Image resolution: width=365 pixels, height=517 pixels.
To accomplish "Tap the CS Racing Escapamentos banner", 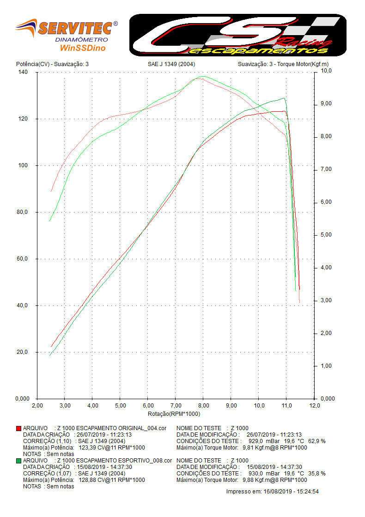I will [x=237, y=35].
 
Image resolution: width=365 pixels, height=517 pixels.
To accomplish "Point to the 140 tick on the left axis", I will [x=23, y=73].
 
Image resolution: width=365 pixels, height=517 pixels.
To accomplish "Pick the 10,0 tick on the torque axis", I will [x=326, y=71].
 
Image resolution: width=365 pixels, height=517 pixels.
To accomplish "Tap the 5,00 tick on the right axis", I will [x=326, y=235].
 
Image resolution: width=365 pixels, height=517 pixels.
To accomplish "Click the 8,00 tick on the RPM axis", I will [x=203, y=406].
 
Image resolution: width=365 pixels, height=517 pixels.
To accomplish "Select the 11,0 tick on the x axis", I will [x=286, y=406].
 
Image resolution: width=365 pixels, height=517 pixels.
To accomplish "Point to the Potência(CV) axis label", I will [x=32, y=64].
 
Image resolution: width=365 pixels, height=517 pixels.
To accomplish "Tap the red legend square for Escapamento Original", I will [x=18, y=428].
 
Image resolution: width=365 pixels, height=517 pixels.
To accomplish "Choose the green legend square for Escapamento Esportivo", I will [x=18, y=461].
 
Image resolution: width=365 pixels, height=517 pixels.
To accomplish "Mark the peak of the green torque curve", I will [x=203, y=76].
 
